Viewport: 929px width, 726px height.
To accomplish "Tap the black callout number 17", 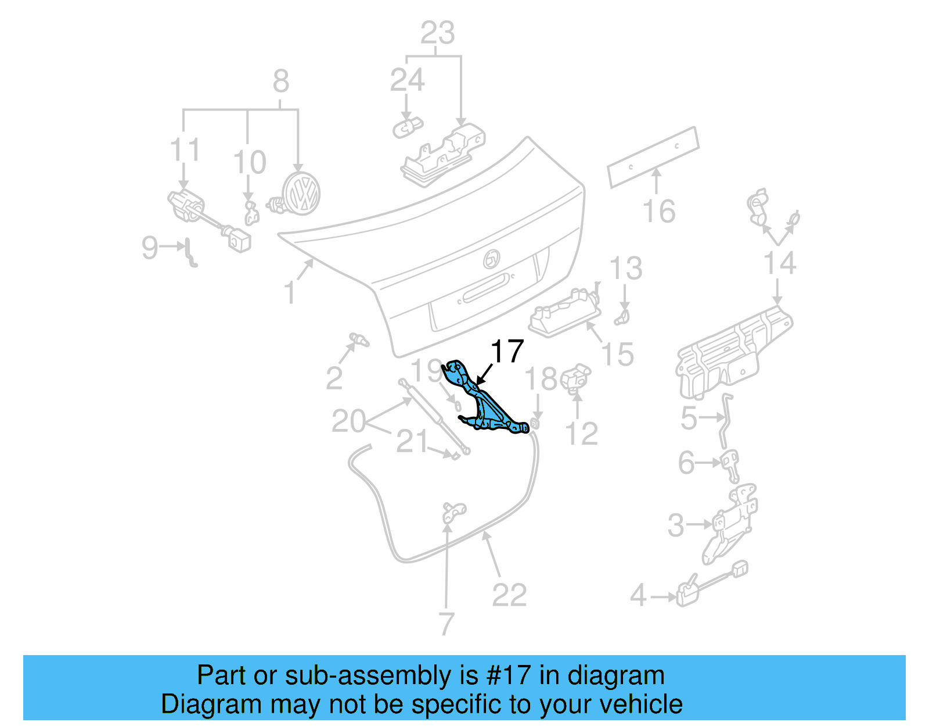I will (x=507, y=352).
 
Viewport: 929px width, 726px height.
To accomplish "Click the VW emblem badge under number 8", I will (x=301, y=194).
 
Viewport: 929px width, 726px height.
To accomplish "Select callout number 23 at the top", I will (x=437, y=33).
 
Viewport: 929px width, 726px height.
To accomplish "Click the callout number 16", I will (x=659, y=212).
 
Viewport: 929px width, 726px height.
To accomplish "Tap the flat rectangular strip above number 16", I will (x=653, y=158).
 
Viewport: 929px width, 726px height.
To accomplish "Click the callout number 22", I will (x=509, y=595).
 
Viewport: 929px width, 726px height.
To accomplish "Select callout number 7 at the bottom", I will (x=445, y=624).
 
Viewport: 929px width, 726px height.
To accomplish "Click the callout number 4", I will (x=638, y=596).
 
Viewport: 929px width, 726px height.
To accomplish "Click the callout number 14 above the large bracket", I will (x=779, y=263).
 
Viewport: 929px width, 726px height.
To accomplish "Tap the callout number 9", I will (x=149, y=248).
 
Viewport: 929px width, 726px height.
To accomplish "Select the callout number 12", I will (x=581, y=434).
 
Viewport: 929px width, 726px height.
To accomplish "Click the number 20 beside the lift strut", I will (x=348, y=421).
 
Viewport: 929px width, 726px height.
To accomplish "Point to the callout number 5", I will (x=689, y=419).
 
